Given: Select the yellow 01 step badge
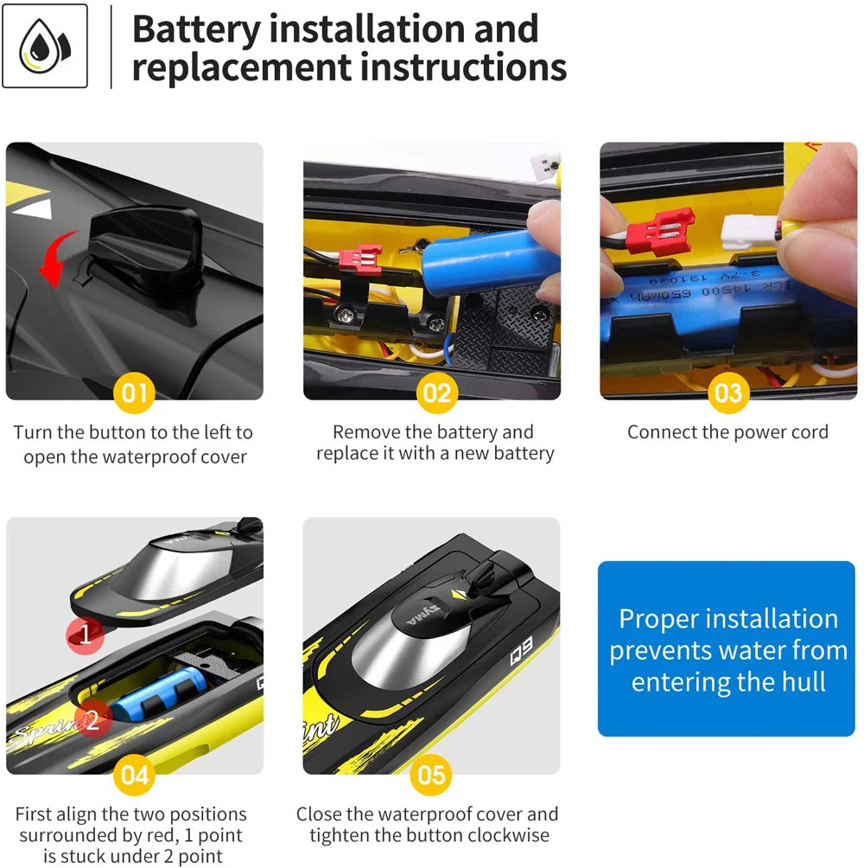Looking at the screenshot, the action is (x=135, y=393).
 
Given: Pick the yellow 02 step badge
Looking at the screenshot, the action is (x=437, y=393).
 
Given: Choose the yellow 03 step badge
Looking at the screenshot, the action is (x=728, y=393).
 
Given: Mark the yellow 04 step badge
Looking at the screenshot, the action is (x=135, y=775).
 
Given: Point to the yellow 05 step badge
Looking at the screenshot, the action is (x=431, y=775).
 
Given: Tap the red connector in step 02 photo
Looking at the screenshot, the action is (x=359, y=259).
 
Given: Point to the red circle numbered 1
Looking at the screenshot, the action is (x=86, y=635).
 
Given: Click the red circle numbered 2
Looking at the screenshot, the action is (x=93, y=719).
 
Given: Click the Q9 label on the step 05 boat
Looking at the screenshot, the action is (x=521, y=650).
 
